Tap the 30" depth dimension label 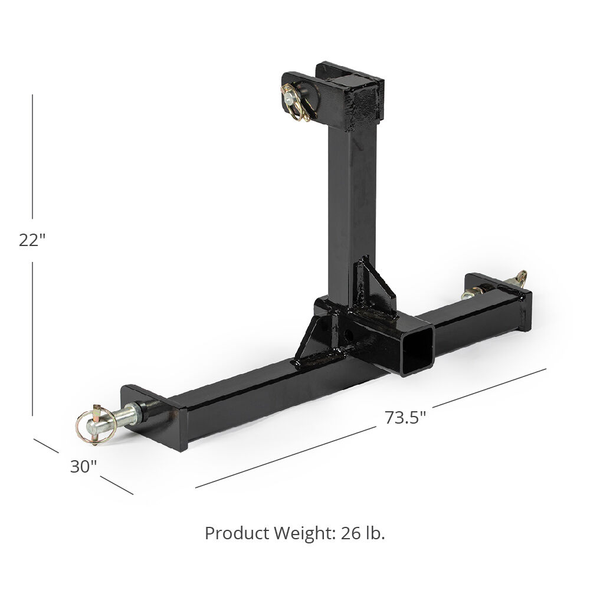coord(83,467)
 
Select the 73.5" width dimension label coord(405,417)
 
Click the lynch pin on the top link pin coord(293,94)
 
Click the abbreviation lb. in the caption coord(376,533)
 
